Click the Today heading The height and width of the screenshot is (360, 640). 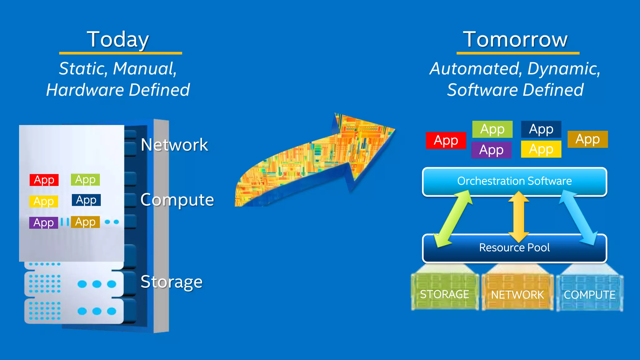pyautogui.click(x=118, y=40)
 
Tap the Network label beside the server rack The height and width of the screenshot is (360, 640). pyautogui.click(x=174, y=145)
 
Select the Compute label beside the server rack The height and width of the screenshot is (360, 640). pyautogui.click(x=177, y=200)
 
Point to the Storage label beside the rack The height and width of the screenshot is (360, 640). pyautogui.click(x=171, y=282)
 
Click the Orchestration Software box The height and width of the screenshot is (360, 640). pyautogui.click(x=514, y=181)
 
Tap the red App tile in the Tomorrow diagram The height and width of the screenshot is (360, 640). pyautogui.click(x=446, y=140)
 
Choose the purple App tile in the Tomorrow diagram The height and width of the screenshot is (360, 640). pyautogui.click(x=491, y=150)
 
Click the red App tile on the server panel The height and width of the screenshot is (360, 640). pyautogui.click(x=44, y=180)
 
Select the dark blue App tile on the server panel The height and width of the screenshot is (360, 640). pyautogui.click(x=86, y=200)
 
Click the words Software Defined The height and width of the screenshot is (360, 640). pyautogui.click(x=515, y=90)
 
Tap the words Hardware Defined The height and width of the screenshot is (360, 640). pyautogui.click(x=118, y=90)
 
